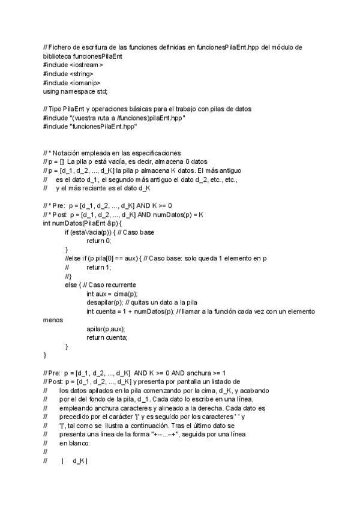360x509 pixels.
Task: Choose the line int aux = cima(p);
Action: [112, 294]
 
